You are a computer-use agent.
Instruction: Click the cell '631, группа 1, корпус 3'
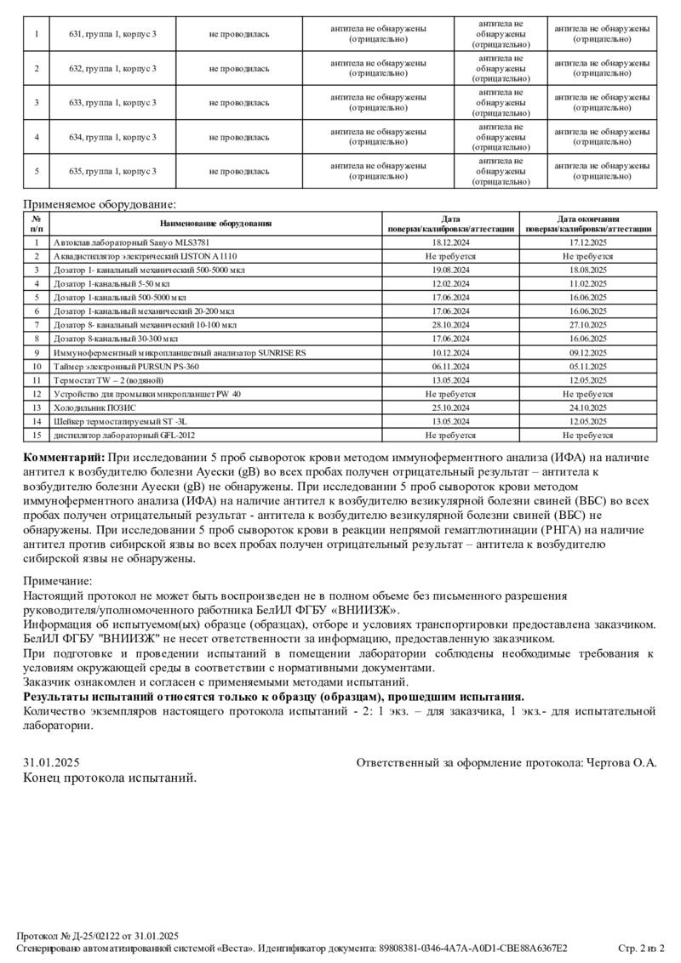tap(112, 33)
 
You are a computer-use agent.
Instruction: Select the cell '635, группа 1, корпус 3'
tap(112, 171)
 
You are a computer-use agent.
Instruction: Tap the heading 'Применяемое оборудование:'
tap(100, 205)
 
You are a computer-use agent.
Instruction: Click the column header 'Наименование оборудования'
tap(215, 224)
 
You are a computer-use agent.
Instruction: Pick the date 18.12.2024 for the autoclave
tap(450, 242)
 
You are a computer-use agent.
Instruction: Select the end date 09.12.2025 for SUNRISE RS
tap(587, 351)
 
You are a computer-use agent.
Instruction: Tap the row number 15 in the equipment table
tap(37, 435)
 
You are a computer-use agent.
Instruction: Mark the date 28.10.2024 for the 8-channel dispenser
tap(450, 324)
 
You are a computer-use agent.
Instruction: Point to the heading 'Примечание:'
tap(57, 581)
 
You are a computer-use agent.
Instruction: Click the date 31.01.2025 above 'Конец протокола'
tap(51, 763)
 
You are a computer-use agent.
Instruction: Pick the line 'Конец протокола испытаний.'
tap(110, 778)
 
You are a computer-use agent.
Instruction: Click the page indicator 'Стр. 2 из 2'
tap(640, 948)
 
